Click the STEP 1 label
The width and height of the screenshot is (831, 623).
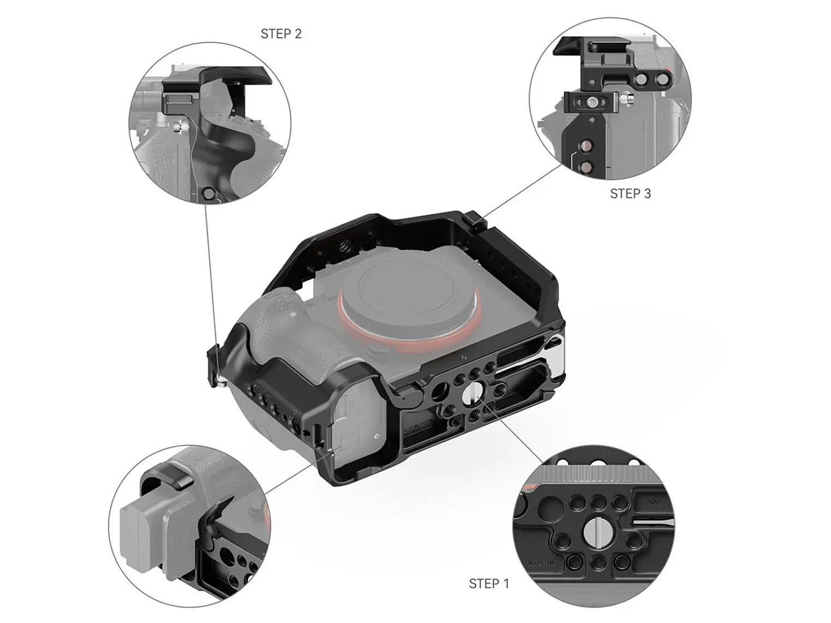point(489,584)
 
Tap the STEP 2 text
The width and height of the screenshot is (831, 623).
point(281,34)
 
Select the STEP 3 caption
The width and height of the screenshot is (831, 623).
point(630,193)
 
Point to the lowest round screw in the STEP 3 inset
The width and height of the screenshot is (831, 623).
point(586,167)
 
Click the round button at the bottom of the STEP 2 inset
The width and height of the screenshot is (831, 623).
point(208,193)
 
